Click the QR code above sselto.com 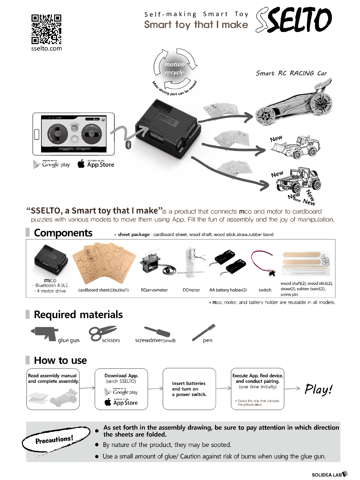tap(46, 29)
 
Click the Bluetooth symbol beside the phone tap(128, 145)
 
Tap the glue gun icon tap(45, 334)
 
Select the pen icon tap(204, 333)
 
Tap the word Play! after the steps tap(319, 389)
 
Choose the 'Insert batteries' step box tap(189, 389)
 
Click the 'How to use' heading tap(61, 360)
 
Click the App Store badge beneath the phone tap(96, 164)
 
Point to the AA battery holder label tap(228, 290)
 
